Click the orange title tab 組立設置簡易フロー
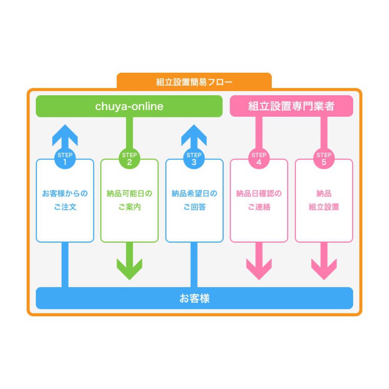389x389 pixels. pyautogui.click(x=194, y=82)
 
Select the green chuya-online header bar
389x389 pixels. pyautogui.click(x=129, y=106)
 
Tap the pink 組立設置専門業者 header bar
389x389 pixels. pyautogui.click(x=291, y=106)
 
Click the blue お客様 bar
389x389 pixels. pyautogui.click(x=194, y=298)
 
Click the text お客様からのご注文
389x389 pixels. pyautogui.click(x=65, y=200)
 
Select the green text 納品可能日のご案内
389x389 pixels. pyautogui.click(x=130, y=200)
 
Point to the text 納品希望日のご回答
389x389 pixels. pyautogui.click(x=194, y=200)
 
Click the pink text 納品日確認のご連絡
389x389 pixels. pyautogui.click(x=259, y=200)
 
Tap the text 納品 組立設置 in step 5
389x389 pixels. pyautogui.click(x=324, y=200)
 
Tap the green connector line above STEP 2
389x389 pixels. pyautogui.click(x=130, y=132)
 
